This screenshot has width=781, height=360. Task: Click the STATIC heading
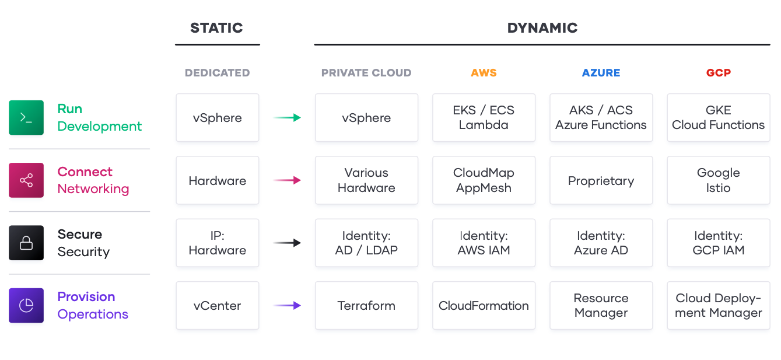pyautogui.click(x=216, y=28)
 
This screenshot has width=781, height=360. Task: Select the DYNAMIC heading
pyautogui.click(x=542, y=28)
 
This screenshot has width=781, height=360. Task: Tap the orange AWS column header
pyautogui.click(x=484, y=72)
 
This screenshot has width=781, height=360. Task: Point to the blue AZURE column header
pyautogui.click(x=601, y=72)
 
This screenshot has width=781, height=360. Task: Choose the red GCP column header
pyautogui.click(x=718, y=72)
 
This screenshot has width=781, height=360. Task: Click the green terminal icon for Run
pyautogui.click(x=26, y=117)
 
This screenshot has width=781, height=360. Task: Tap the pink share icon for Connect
pyautogui.click(x=26, y=180)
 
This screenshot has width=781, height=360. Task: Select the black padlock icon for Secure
pyautogui.click(x=26, y=243)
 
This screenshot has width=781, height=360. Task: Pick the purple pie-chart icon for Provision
pyautogui.click(x=26, y=305)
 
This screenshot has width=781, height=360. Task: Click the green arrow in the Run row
pyautogui.click(x=287, y=117)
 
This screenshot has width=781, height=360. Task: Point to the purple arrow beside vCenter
pyautogui.click(x=287, y=306)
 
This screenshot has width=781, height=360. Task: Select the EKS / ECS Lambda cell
pyautogui.click(x=484, y=117)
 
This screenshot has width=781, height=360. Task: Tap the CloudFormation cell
pyautogui.click(x=484, y=306)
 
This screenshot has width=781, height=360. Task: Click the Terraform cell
pyautogui.click(x=366, y=306)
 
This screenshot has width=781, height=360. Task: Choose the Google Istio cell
pyautogui.click(x=718, y=180)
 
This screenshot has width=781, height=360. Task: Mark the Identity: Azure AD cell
pyautogui.click(x=601, y=243)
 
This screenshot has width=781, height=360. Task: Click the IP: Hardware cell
pyautogui.click(x=217, y=243)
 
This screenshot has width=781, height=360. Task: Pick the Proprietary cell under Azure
pyautogui.click(x=601, y=180)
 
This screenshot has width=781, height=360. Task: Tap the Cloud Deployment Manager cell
pyautogui.click(x=718, y=306)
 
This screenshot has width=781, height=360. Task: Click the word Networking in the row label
pyautogui.click(x=93, y=189)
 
